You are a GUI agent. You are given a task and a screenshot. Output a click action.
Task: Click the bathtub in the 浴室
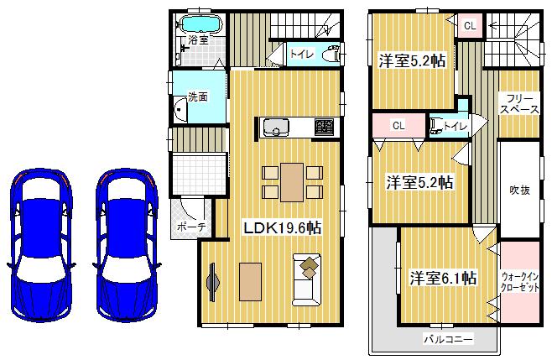pos(200,23)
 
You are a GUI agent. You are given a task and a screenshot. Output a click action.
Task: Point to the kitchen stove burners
pos(324,128)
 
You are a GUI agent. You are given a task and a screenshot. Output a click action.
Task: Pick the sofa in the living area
pos(307,277)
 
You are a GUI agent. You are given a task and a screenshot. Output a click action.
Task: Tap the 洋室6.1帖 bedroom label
pos(443,277)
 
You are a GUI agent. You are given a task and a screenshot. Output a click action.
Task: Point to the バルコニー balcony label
pos(448,339)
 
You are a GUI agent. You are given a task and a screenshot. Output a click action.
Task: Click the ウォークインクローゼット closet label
pos(520,280)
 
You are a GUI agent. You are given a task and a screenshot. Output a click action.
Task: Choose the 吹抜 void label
pos(519,190)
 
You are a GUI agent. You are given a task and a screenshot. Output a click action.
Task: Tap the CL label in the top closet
pos(470,25)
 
